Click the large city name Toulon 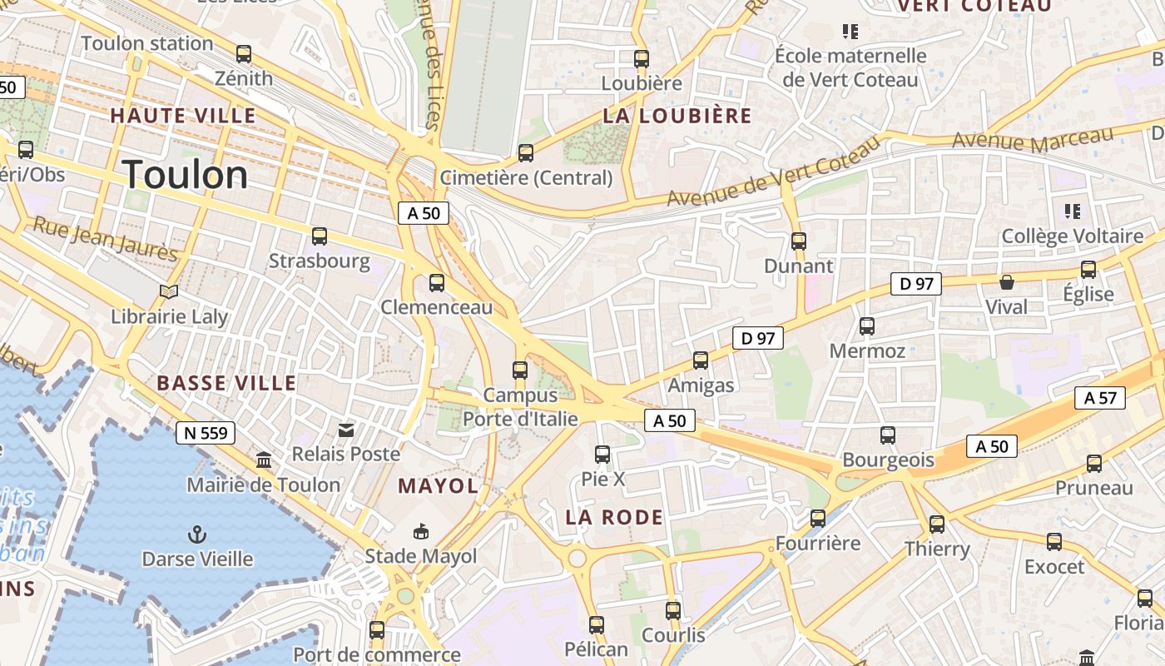(185, 175)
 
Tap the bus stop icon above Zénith (244, 54)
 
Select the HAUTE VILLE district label (183, 116)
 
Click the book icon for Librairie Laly (169, 291)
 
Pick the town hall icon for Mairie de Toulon (264, 460)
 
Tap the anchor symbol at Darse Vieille (197, 534)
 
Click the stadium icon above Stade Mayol (421, 531)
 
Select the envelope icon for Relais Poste (345, 430)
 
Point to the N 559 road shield (206, 433)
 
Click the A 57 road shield (1099, 398)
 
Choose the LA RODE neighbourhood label (614, 517)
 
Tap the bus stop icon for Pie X (602, 455)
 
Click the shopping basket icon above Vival (1006, 282)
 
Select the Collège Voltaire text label (1072, 236)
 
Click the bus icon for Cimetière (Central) (525, 153)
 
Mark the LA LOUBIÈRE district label (677, 116)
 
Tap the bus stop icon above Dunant (798, 241)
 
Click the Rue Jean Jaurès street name (105, 238)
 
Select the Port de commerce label (376, 655)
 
